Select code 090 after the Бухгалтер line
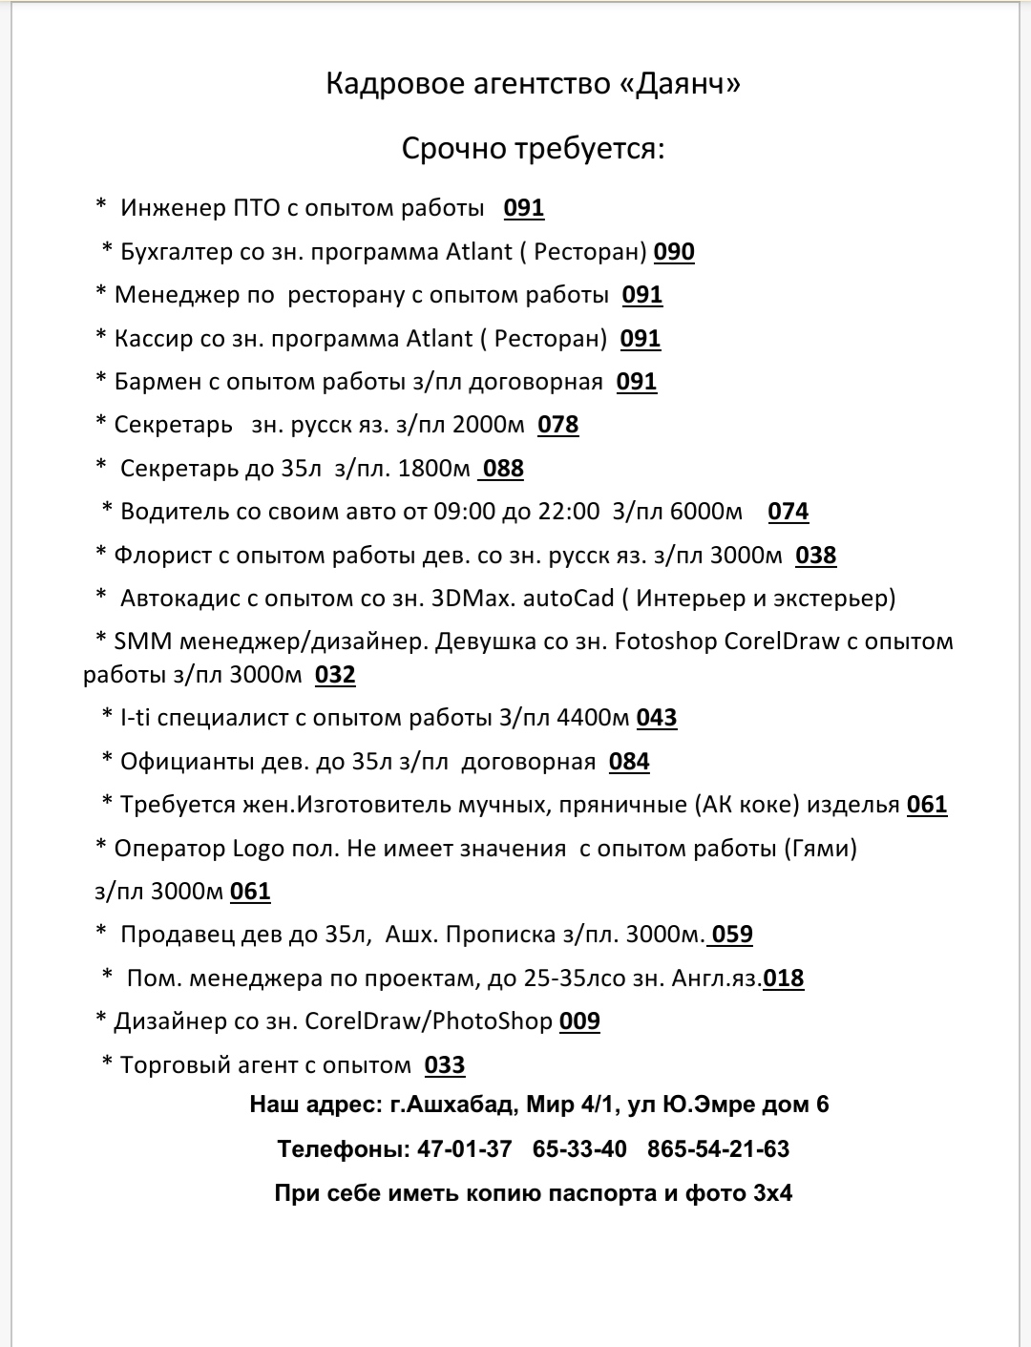[x=674, y=252]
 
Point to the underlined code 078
[x=558, y=425]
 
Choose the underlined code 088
[x=503, y=469]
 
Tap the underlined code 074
[x=789, y=512]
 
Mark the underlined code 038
[x=816, y=556]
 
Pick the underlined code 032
[x=335, y=675]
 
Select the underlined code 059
[x=732, y=935]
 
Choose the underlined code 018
[x=784, y=979]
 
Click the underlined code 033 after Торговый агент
[x=445, y=1065]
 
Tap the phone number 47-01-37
[x=464, y=1149]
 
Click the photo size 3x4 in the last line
[x=772, y=1193]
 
